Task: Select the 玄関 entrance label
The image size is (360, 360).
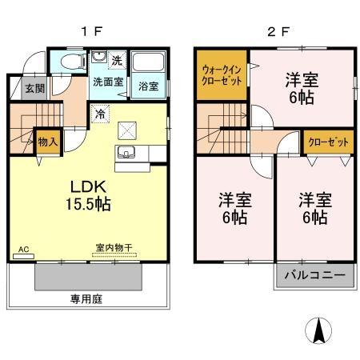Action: pyautogui.click(x=34, y=89)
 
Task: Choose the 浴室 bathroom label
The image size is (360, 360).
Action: pyautogui.click(x=149, y=86)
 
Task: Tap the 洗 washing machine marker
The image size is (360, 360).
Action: pyautogui.click(x=117, y=61)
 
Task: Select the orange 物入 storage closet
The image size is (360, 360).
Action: pyautogui.click(x=47, y=142)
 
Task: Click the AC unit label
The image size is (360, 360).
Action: pyautogui.click(x=23, y=250)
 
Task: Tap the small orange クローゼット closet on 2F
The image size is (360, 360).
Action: pyautogui.click(x=329, y=142)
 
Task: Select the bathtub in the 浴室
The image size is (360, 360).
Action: pyautogui.click(x=149, y=65)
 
